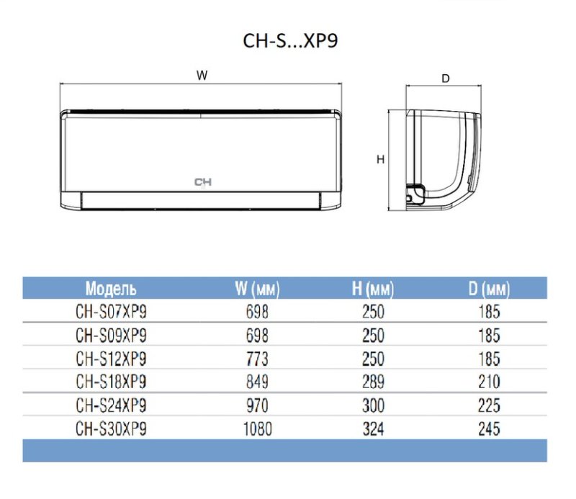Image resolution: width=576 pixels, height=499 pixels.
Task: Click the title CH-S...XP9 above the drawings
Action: click(x=290, y=40)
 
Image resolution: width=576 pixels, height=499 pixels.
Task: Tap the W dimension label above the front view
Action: click(x=202, y=76)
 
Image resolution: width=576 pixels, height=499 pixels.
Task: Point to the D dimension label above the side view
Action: click(x=445, y=78)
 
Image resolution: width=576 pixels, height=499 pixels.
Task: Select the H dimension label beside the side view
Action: click(x=381, y=159)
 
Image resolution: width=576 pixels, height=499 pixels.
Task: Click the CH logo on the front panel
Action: click(x=203, y=182)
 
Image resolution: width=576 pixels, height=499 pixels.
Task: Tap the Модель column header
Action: click(x=111, y=289)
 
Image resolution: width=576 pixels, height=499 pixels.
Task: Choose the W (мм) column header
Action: click(x=257, y=289)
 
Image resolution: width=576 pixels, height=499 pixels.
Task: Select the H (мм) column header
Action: click(x=373, y=289)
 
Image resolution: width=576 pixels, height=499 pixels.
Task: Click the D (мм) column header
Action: click(x=490, y=289)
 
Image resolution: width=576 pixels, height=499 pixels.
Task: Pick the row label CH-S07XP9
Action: click(x=111, y=312)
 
